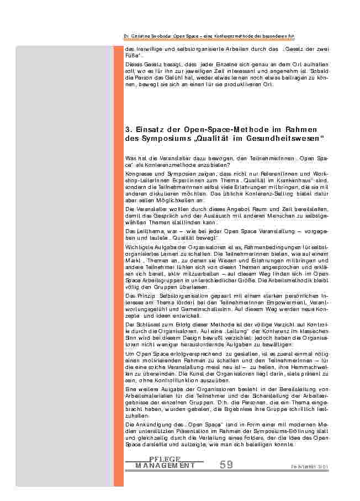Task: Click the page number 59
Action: (x=226, y=465)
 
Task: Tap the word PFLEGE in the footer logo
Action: (x=165, y=460)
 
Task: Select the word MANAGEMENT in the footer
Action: (x=165, y=466)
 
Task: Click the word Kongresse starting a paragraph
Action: (x=138, y=173)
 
